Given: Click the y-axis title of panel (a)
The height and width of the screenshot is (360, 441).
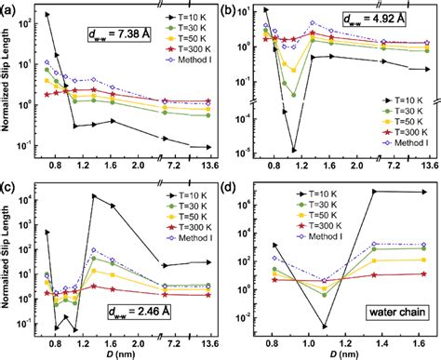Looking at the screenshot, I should (x=10, y=88).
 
